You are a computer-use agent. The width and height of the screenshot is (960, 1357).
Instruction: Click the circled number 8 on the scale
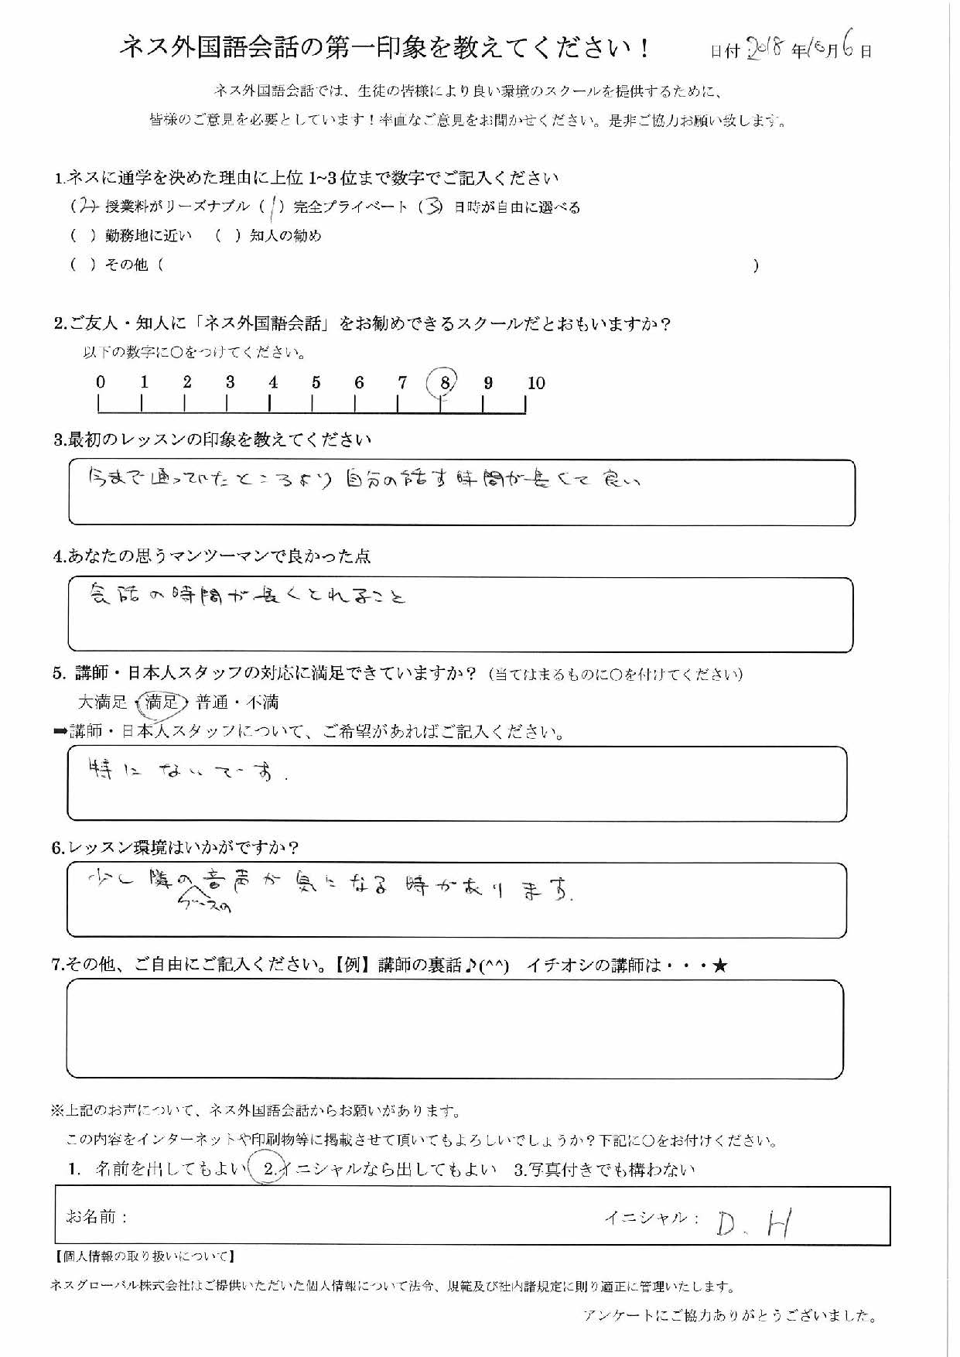coord(444,381)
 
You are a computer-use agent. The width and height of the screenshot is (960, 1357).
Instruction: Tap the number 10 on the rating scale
coord(536,383)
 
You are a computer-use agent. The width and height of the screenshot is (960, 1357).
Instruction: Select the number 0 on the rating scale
coord(101,381)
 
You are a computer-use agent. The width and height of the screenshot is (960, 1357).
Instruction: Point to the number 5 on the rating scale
coord(316,382)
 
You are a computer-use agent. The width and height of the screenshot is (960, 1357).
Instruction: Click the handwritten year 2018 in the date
coord(765,50)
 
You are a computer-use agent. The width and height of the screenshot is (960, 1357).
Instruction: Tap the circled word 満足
coord(162,702)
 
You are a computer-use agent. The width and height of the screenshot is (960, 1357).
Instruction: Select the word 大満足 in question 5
coord(102,702)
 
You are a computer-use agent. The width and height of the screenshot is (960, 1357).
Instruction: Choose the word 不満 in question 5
coord(262,702)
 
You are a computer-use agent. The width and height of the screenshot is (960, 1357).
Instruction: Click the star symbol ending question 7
coord(720,966)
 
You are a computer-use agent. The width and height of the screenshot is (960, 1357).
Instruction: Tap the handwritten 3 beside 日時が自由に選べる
coord(435,207)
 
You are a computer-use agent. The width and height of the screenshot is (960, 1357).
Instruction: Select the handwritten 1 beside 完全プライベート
coord(275,207)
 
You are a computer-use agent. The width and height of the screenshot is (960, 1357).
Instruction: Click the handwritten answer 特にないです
coord(186,771)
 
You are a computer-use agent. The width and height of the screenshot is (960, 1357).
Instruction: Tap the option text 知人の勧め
coord(285,236)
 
